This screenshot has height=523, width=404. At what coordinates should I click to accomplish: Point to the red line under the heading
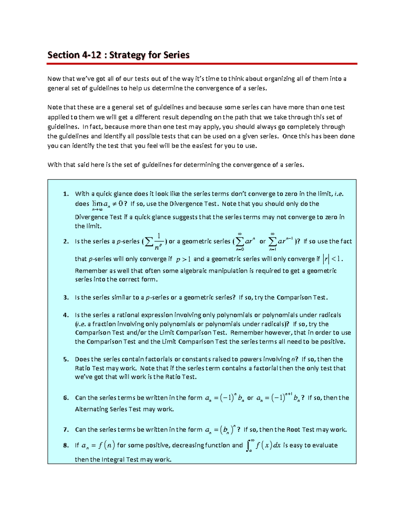click(x=202, y=63)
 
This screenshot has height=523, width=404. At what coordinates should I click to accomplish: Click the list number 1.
click(x=66, y=194)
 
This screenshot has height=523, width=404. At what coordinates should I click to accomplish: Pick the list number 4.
click(x=66, y=315)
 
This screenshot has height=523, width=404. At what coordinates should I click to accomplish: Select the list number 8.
click(x=66, y=445)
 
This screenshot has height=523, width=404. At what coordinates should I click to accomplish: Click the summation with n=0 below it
click(x=240, y=241)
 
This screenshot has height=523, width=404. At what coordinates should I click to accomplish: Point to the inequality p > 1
click(x=183, y=259)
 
